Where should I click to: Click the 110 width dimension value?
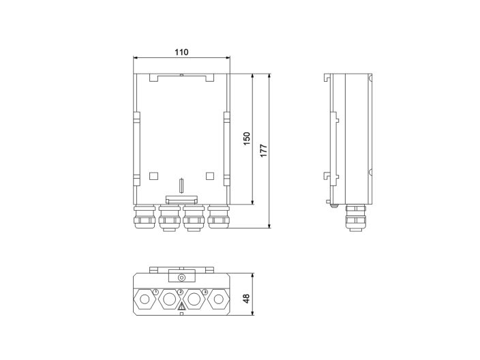(181, 52)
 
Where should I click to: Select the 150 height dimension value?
(247, 138)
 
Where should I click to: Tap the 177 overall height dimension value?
(263, 150)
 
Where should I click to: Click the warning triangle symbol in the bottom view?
(181, 307)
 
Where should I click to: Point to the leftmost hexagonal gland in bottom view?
(145, 299)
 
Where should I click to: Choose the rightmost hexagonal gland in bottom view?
(218, 299)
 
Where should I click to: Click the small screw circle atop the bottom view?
(181, 277)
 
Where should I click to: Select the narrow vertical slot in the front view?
(181, 185)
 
